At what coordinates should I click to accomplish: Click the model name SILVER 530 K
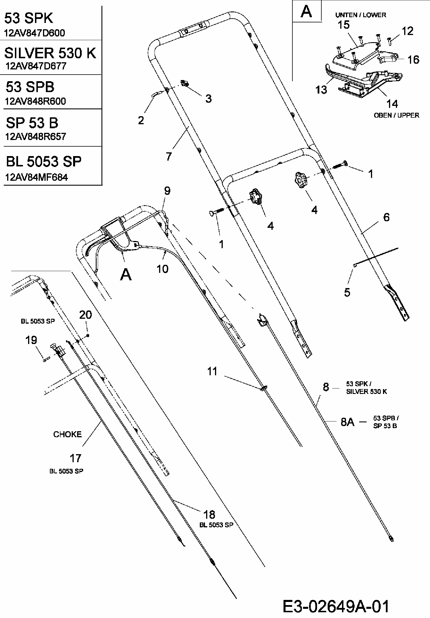[50, 53]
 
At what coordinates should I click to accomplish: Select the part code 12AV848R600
[35, 101]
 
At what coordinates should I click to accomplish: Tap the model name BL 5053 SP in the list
[44, 162]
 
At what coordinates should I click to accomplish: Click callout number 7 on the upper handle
[169, 156]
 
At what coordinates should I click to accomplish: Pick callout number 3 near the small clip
[208, 99]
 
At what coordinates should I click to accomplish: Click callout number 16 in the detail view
[413, 60]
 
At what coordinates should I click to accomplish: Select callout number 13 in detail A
[321, 90]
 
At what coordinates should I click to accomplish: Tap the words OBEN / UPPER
[396, 115]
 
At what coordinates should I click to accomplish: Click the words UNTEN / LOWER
[361, 15]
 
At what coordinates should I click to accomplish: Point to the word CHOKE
[67, 434]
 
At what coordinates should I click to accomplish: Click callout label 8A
[347, 422]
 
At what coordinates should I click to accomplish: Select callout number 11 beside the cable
[212, 372]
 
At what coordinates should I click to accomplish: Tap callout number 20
[85, 315]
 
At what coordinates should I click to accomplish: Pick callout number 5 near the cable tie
[347, 292]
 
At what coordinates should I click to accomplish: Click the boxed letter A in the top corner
[306, 12]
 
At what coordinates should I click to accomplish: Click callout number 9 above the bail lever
[167, 191]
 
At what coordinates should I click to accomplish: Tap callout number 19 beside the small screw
[31, 340]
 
